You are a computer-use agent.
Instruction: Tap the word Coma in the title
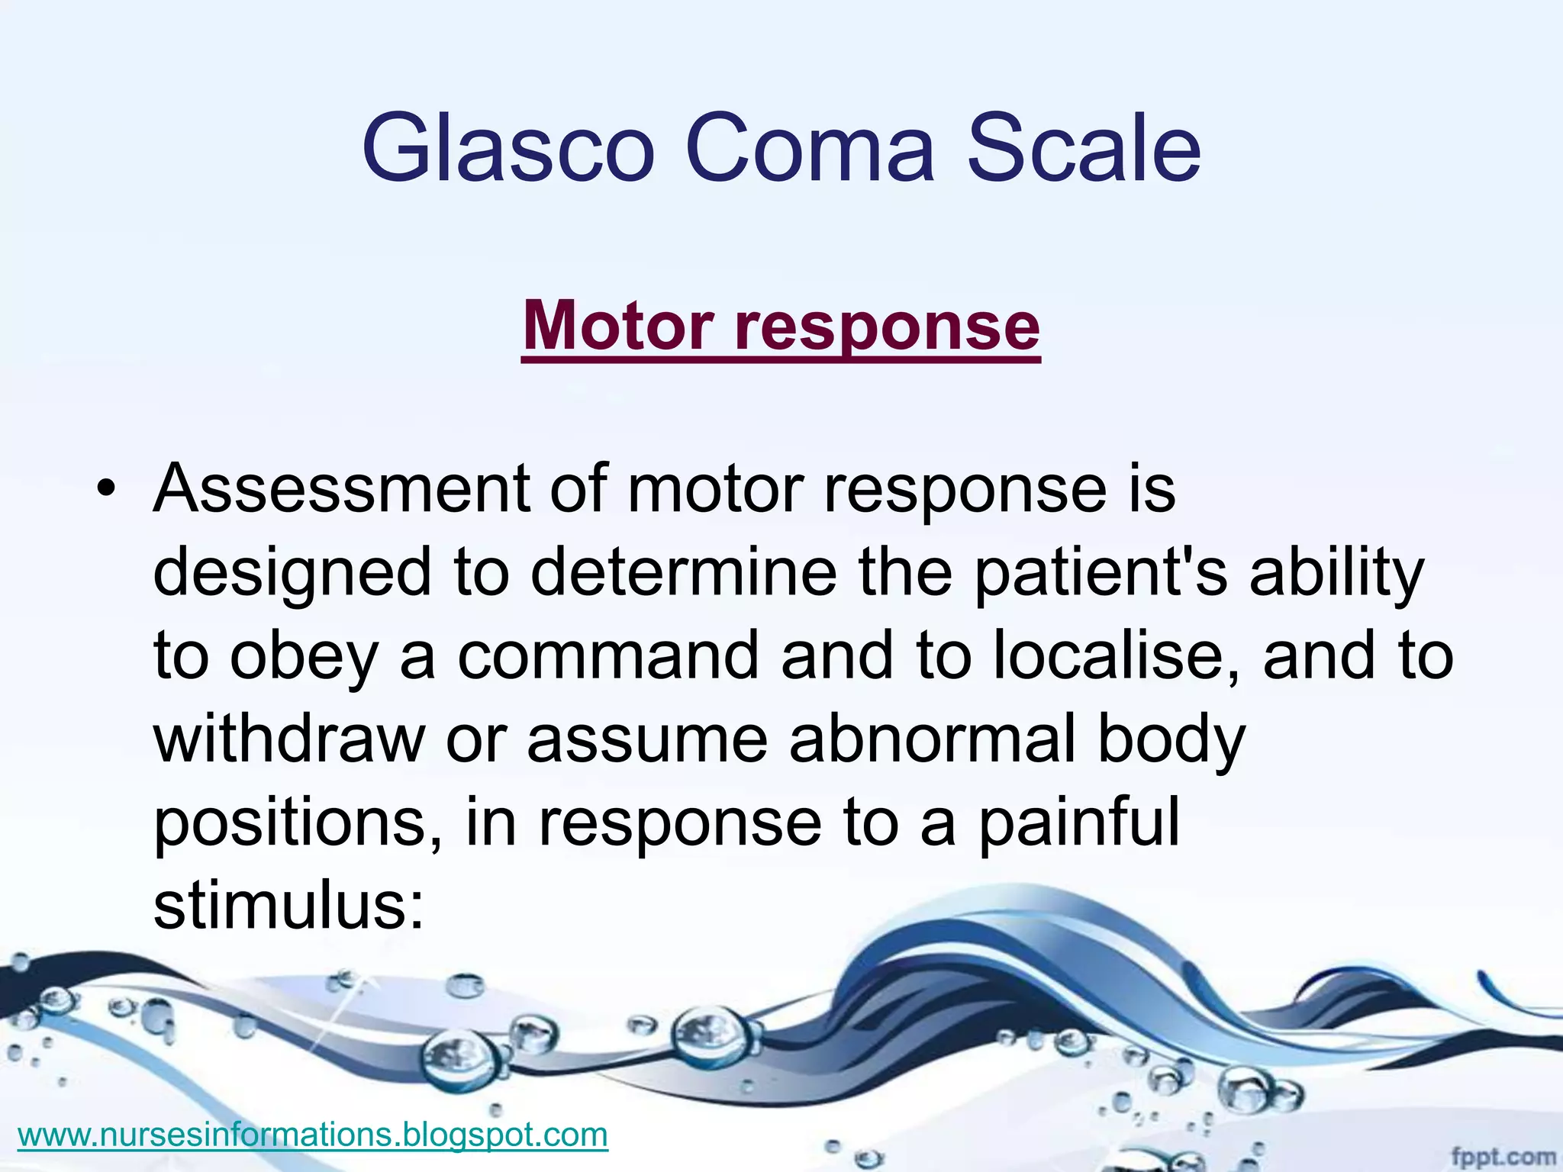pos(810,149)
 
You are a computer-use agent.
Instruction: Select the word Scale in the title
pos(1084,149)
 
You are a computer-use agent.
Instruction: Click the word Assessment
pos(341,488)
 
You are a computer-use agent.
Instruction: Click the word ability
pos(1336,574)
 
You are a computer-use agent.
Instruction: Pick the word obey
pos(304,658)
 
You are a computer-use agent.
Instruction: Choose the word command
pos(607,656)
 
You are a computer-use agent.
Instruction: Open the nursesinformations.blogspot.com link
pos(312,1135)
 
